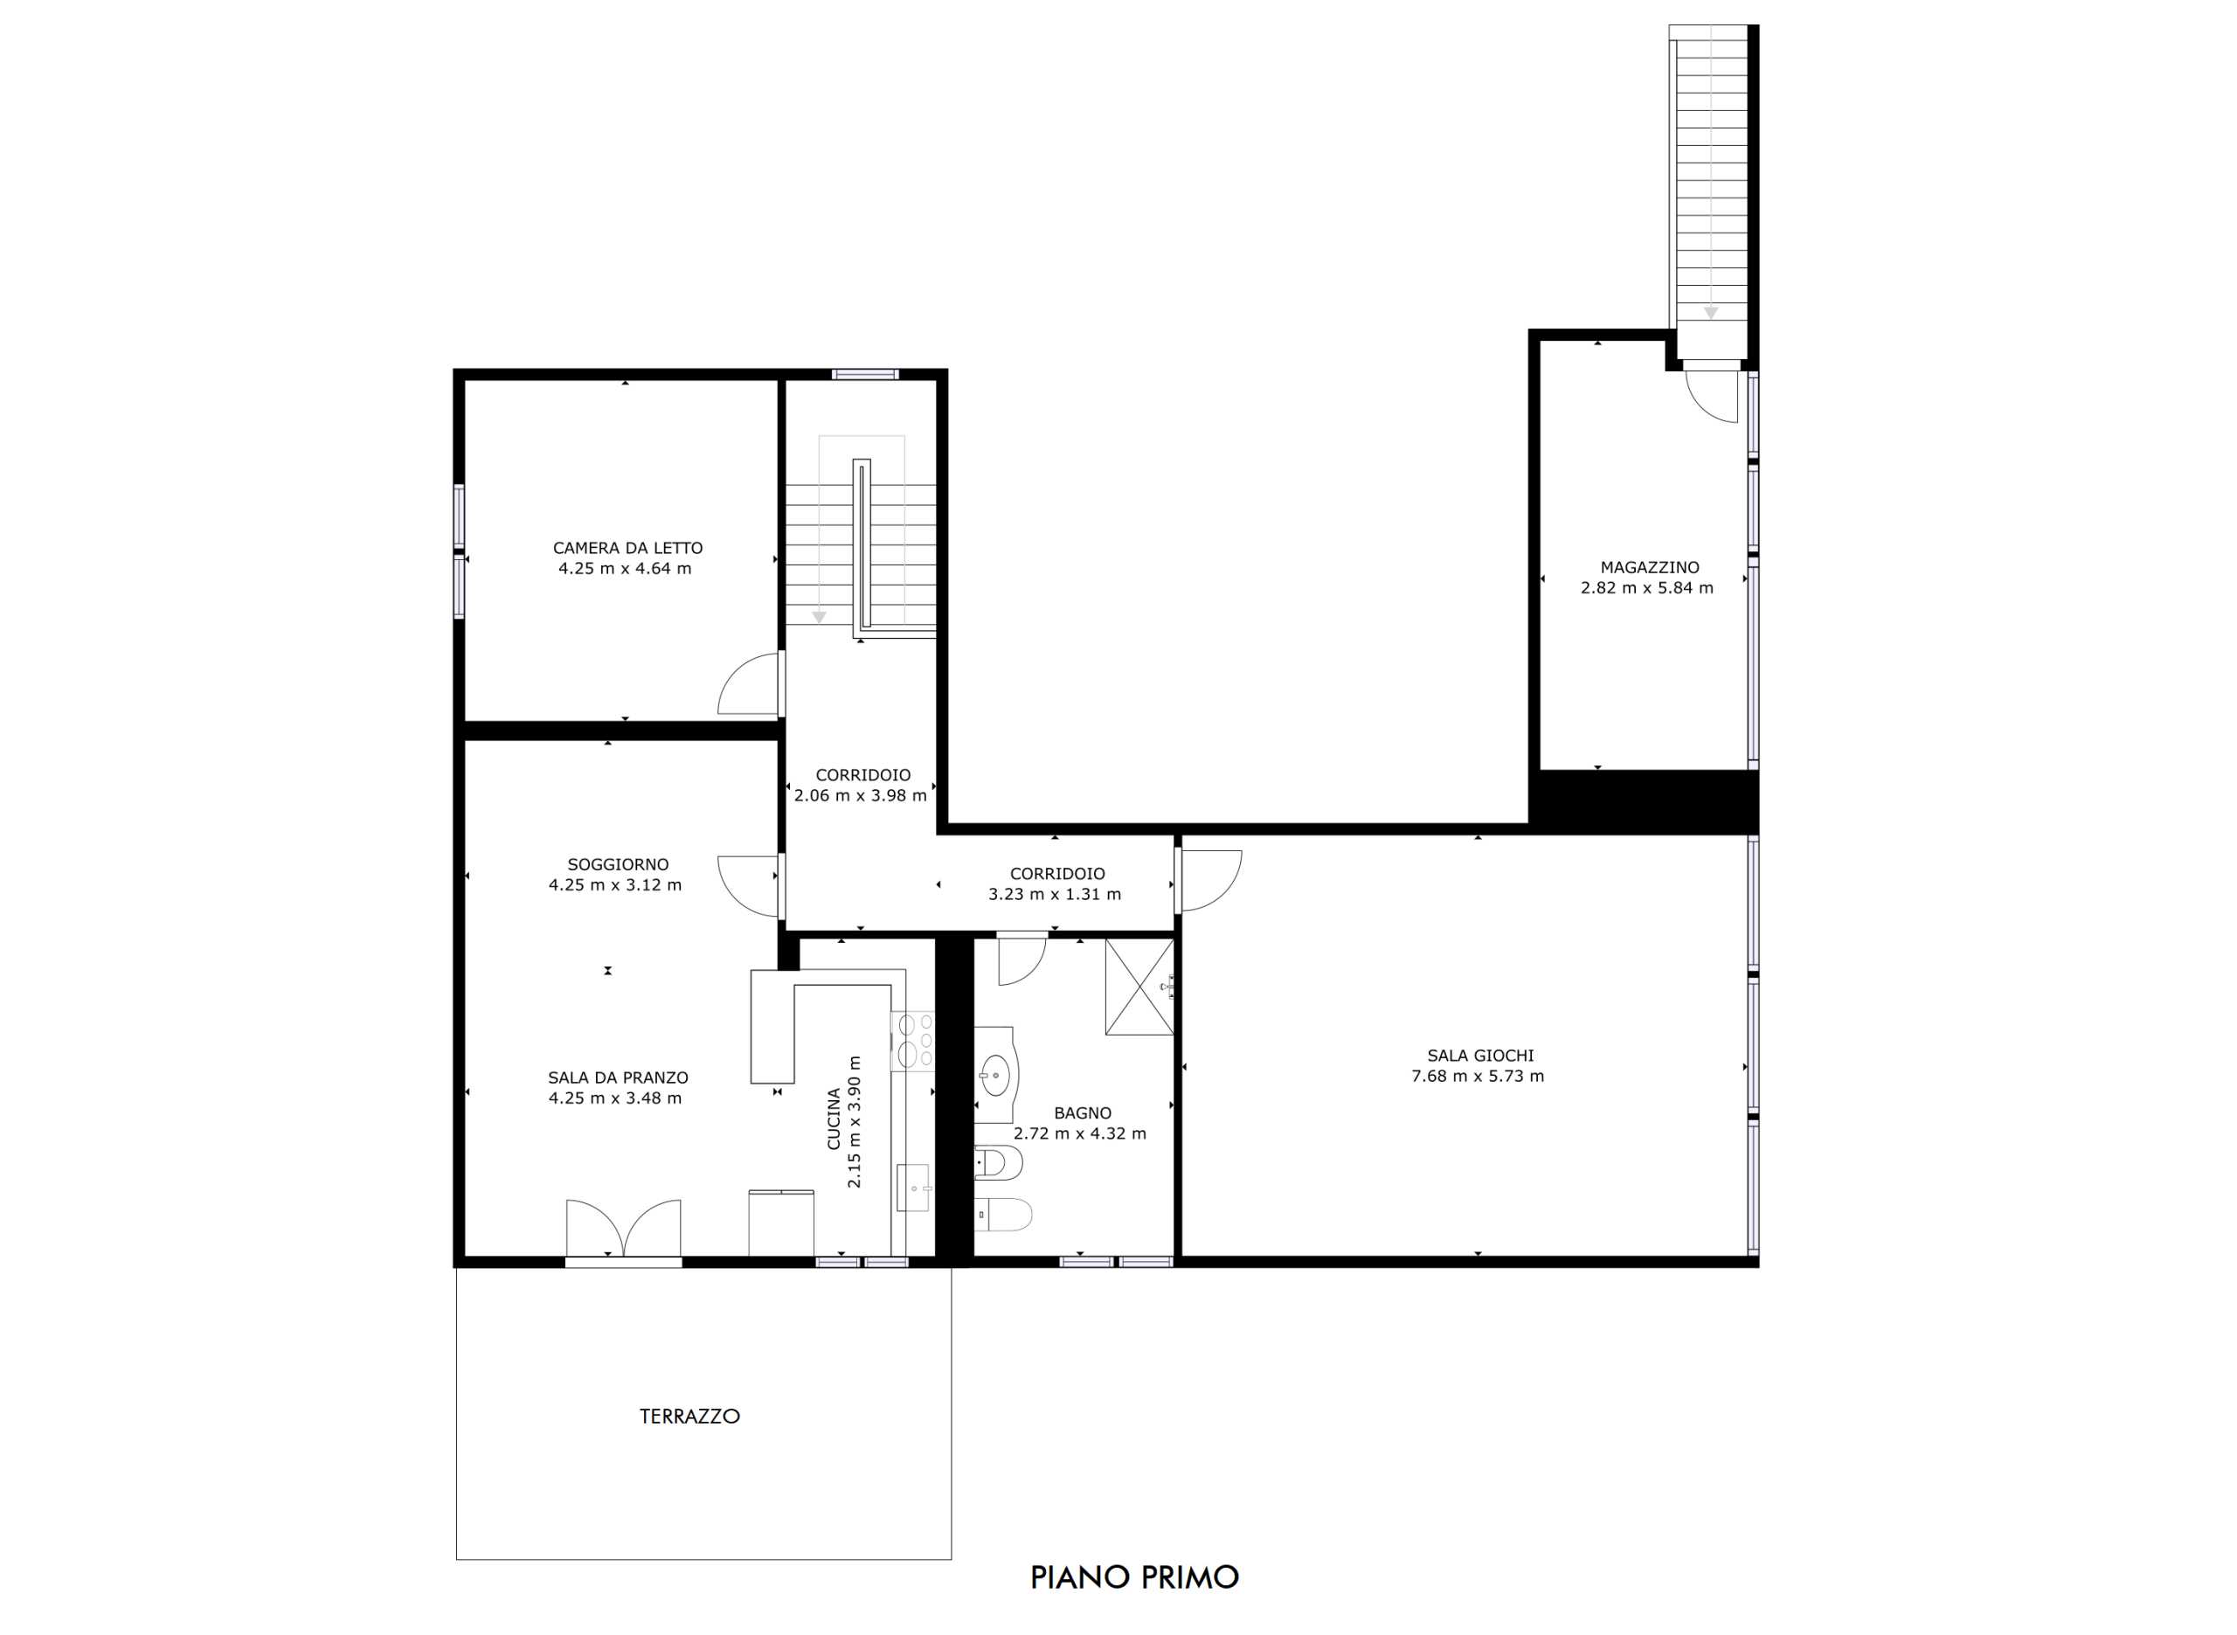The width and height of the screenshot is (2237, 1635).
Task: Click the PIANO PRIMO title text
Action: click(1134, 1576)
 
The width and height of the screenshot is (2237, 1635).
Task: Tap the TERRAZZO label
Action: click(689, 1417)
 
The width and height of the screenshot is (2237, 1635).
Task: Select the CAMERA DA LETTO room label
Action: click(627, 547)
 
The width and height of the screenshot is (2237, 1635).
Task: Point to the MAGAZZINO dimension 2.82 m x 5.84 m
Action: click(1646, 588)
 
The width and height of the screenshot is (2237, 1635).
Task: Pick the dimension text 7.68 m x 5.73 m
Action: click(1477, 1076)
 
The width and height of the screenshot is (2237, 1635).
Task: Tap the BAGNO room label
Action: click(1083, 1113)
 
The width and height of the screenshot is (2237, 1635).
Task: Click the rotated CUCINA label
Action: click(833, 1119)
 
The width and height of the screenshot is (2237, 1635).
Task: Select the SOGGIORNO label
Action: click(618, 864)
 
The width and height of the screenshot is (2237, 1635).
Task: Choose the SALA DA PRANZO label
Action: click(618, 1077)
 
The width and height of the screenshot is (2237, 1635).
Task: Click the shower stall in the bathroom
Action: click(1139, 987)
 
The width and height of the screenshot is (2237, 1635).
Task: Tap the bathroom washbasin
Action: click(995, 1070)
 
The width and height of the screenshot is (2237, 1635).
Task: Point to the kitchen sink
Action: click(912, 1188)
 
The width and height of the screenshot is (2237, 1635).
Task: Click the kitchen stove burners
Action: click(913, 1040)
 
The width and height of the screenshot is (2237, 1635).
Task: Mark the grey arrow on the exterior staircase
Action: click(1711, 313)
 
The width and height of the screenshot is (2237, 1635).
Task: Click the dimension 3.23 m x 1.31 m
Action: click(1055, 895)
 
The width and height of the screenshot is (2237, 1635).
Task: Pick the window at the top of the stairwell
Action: click(865, 374)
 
